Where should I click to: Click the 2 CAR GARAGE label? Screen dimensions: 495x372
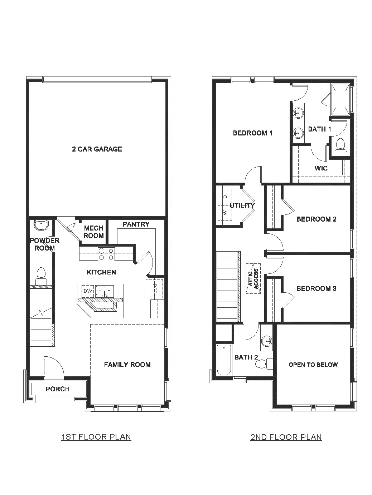click(97, 149)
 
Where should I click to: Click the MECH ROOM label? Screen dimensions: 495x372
click(93, 232)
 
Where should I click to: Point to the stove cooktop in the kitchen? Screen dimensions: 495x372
click(106, 254)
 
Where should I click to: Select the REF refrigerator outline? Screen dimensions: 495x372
click(154, 288)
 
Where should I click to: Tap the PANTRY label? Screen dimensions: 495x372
click(136, 224)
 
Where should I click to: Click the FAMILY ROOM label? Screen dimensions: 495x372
click(127, 365)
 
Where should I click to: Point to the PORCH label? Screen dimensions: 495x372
click(58, 389)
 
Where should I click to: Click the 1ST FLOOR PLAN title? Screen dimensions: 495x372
click(96, 437)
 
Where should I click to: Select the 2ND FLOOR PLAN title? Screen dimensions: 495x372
click(286, 437)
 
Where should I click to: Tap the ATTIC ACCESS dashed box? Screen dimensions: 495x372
click(253, 278)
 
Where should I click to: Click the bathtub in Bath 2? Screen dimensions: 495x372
click(224, 359)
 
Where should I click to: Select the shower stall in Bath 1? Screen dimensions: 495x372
click(340, 99)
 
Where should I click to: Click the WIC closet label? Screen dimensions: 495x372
click(321, 168)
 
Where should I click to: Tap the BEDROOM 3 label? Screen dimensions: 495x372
click(317, 288)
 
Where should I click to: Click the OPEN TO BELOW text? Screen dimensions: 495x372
click(313, 365)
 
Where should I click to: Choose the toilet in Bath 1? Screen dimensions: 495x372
click(340, 147)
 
